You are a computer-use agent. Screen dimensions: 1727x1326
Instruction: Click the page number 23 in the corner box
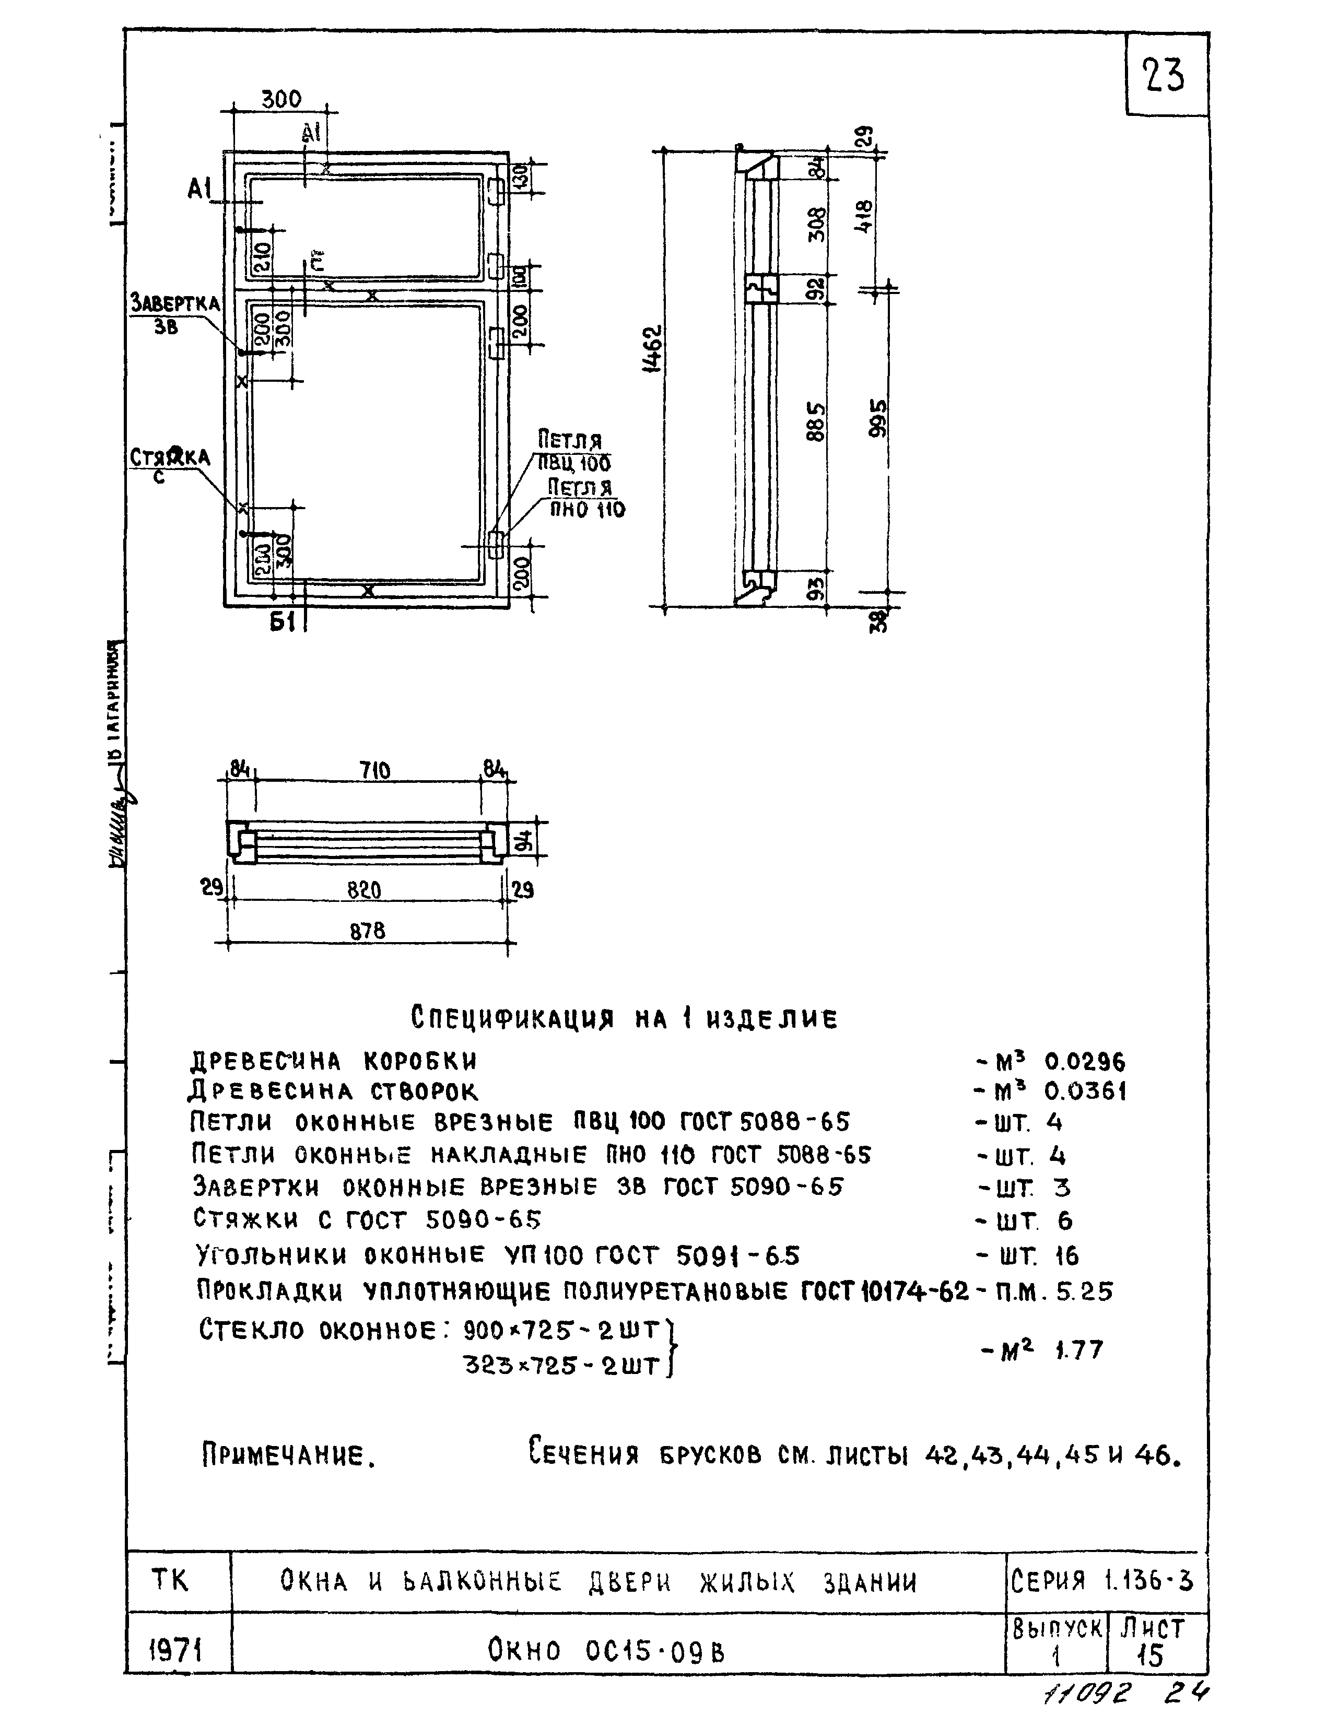tap(1164, 77)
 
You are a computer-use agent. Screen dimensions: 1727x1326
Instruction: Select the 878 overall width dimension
tap(368, 931)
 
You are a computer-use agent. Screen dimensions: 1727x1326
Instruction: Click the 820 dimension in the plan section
tap(365, 890)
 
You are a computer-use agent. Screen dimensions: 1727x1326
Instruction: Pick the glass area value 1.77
tap(1079, 1350)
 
